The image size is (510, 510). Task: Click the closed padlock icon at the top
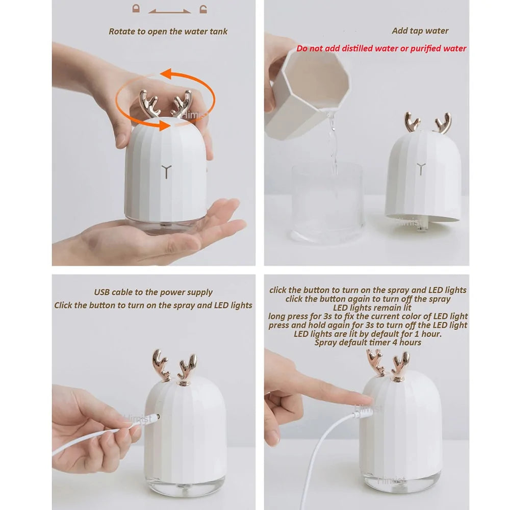coord(136,8)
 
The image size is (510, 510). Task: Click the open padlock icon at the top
coord(203,8)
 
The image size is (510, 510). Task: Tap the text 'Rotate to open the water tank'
coord(168,31)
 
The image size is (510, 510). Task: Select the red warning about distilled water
coord(381,48)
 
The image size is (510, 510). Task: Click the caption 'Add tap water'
coord(420,31)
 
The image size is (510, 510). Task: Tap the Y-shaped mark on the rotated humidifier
coord(166,170)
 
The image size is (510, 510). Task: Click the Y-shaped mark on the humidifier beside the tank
coord(420,168)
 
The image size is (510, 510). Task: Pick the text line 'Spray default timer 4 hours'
coord(368,342)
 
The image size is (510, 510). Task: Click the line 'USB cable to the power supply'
coord(153,292)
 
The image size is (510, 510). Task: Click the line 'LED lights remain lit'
coord(368,308)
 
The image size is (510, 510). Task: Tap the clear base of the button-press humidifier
coord(400,479)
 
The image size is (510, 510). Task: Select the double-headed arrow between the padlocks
coord(169,9)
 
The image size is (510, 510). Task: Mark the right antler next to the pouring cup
coord(443,123)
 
